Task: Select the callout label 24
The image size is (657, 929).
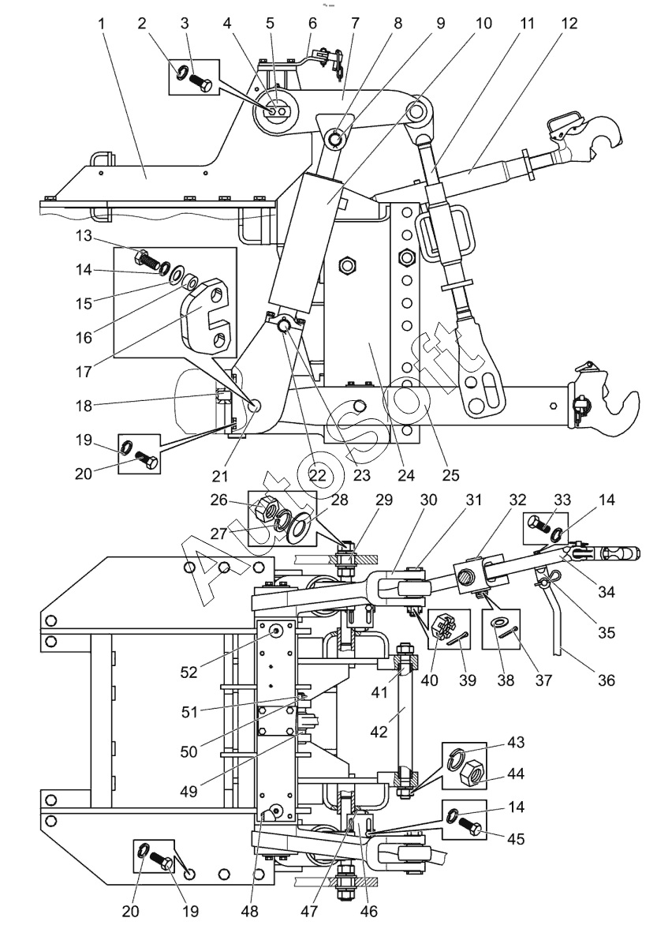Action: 407,474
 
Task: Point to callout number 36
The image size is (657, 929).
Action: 606,680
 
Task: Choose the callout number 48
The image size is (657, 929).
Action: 250,911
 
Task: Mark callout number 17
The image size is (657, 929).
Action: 84,372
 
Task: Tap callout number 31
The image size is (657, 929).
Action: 473,500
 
